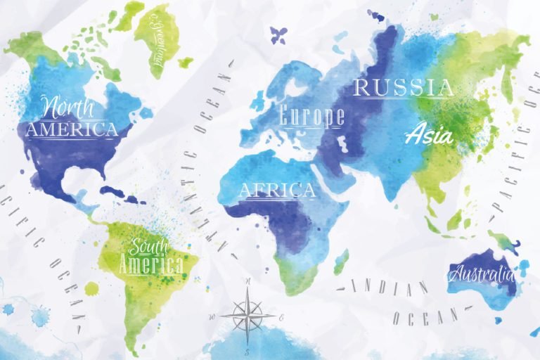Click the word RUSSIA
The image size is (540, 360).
404,88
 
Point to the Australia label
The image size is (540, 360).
482,273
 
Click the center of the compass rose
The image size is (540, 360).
248,314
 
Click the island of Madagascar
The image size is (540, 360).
341,262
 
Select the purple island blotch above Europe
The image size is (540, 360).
278,33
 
